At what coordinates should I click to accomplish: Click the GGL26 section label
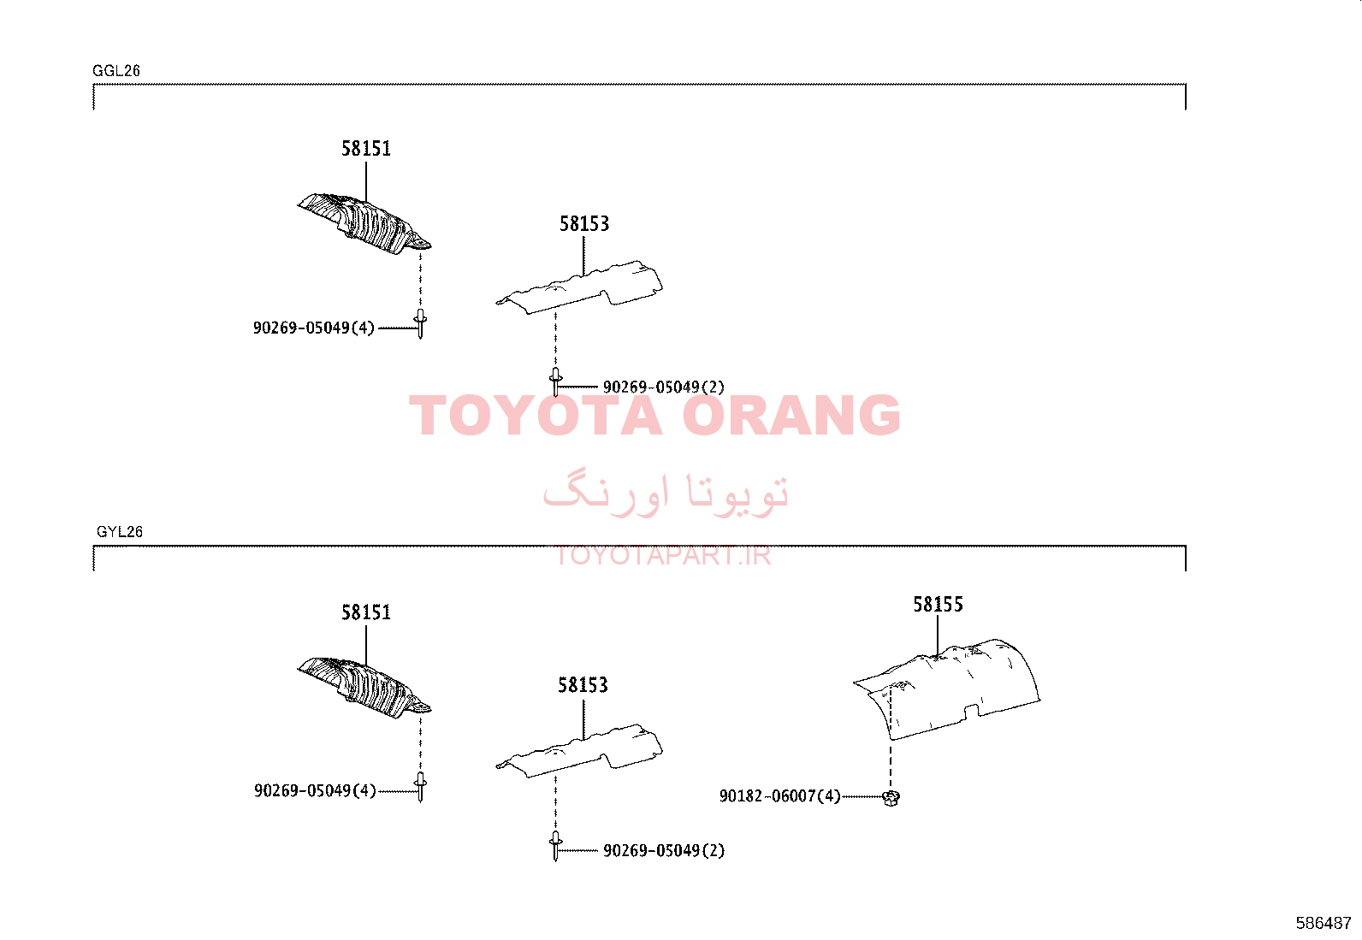pos(116,70)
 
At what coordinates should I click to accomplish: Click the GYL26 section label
pos(120,531)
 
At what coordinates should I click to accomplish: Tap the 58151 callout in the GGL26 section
pos(366,148)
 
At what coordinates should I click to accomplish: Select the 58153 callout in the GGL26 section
pos(584,224)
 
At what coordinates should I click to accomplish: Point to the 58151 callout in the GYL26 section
pos(366,612)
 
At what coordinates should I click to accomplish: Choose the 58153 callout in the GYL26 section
pos(583,685)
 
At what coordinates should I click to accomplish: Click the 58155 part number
pos(939,605)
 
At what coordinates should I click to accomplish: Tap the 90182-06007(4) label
pos(780,796)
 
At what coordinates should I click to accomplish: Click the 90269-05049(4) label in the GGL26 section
pos(314,328)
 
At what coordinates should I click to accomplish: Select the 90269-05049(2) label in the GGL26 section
pos(664,387)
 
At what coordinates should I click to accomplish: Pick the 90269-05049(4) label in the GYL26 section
pos(315,790)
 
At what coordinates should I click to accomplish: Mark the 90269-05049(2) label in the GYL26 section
pos(664,850)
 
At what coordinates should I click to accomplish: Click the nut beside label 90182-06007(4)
pos(891,798)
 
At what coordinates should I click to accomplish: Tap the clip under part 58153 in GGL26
pos(555,381)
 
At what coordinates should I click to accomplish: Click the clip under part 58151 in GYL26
pos(420,787)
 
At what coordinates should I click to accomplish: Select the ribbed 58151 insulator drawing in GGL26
pos(364,224)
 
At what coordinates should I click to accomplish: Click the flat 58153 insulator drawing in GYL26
pos(579,750)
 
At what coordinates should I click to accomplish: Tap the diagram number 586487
pos(1324,923)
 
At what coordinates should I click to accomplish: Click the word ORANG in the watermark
pos(791,416)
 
